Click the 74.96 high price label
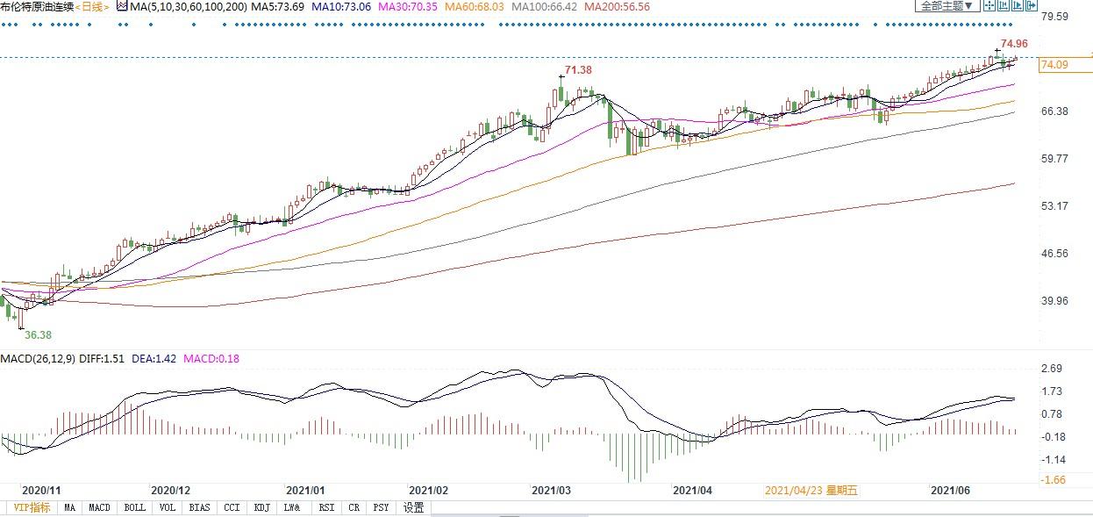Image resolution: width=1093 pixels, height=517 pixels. click(1014, 43)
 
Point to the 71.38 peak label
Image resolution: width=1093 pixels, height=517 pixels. click(577, 69)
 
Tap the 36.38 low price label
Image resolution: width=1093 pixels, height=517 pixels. click(38, 334)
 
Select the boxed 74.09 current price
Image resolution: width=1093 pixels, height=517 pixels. click(1053, 65)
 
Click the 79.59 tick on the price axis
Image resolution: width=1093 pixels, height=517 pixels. click(1053, 16)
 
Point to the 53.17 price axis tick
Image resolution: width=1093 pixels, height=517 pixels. click(1053, 206)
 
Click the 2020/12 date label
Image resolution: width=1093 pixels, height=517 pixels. click(171, 491)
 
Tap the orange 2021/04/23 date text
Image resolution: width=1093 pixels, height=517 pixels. click(813, 491)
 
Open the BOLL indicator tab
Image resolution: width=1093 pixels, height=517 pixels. click(134, 507)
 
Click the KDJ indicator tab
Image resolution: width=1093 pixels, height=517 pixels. click(261, 507)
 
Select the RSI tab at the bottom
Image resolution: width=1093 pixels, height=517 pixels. click(325, 507)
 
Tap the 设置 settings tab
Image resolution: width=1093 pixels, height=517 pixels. click(413, 507)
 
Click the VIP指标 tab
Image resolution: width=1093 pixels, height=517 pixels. click(32, 507)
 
